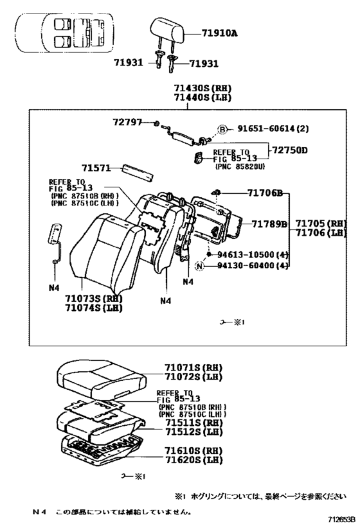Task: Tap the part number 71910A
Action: click(x=219, y=31)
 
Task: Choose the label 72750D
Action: click(x=289, y=150)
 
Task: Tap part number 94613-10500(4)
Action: click(x=252, y=254)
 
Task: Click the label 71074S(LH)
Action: click(x=94, y=308)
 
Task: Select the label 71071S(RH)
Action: click(x=184, y=371)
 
